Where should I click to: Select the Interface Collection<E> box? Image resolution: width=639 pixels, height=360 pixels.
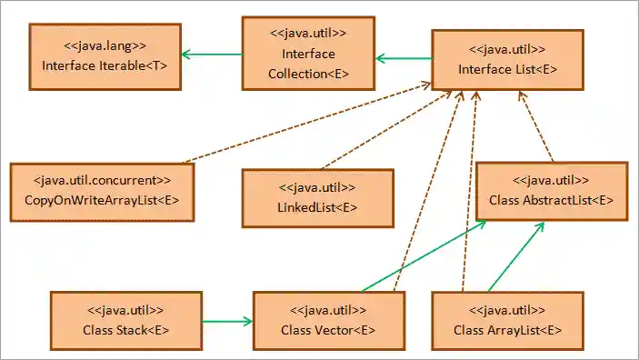pos(308,54)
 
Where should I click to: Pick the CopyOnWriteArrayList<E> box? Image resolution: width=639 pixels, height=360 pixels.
pos(102,190)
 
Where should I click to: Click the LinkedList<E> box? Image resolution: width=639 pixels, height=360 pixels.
pos(317,197)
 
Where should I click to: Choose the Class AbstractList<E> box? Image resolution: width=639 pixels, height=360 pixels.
pos(552,191)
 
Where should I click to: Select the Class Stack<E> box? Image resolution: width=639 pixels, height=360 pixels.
pos(125,319)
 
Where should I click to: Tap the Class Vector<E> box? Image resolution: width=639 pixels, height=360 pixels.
pos(329,320)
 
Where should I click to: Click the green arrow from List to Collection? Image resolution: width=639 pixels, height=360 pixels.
pos(404,59)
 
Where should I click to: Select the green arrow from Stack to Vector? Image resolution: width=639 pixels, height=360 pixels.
pos(226,320)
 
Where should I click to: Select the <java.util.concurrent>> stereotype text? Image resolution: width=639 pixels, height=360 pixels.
pos(102,180)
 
